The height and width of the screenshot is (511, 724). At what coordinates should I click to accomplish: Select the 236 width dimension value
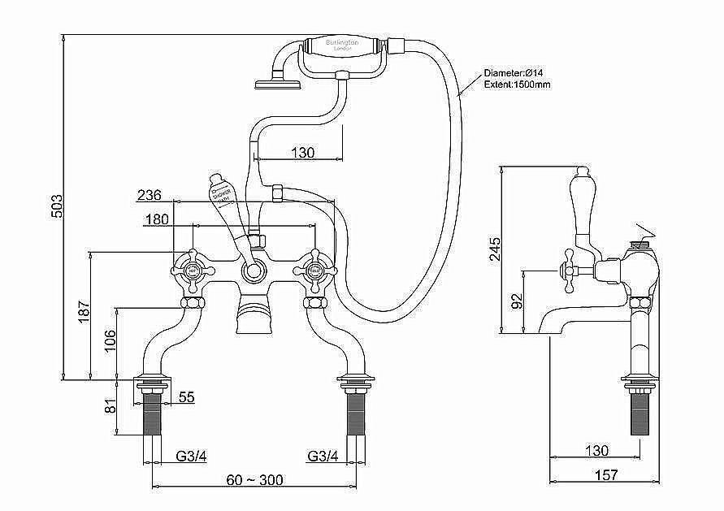click(149, 195)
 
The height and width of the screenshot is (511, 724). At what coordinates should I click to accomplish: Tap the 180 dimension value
click(158, 219)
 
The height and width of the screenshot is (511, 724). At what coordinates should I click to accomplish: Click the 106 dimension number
click(107, 342)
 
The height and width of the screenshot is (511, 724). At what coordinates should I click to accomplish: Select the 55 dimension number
click(186, 397)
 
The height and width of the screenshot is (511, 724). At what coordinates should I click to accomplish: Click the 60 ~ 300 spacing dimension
click(255, 480)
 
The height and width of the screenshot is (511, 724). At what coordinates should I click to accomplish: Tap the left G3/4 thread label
click(192, 456)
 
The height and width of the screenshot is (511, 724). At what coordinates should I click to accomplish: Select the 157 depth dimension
click(606, 475)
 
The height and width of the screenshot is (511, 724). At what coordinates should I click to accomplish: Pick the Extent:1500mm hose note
click(518, 84)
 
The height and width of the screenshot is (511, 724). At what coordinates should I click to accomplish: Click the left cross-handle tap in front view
click(193, 267)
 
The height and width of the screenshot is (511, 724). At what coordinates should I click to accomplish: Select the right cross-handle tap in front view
click(313, 267)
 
